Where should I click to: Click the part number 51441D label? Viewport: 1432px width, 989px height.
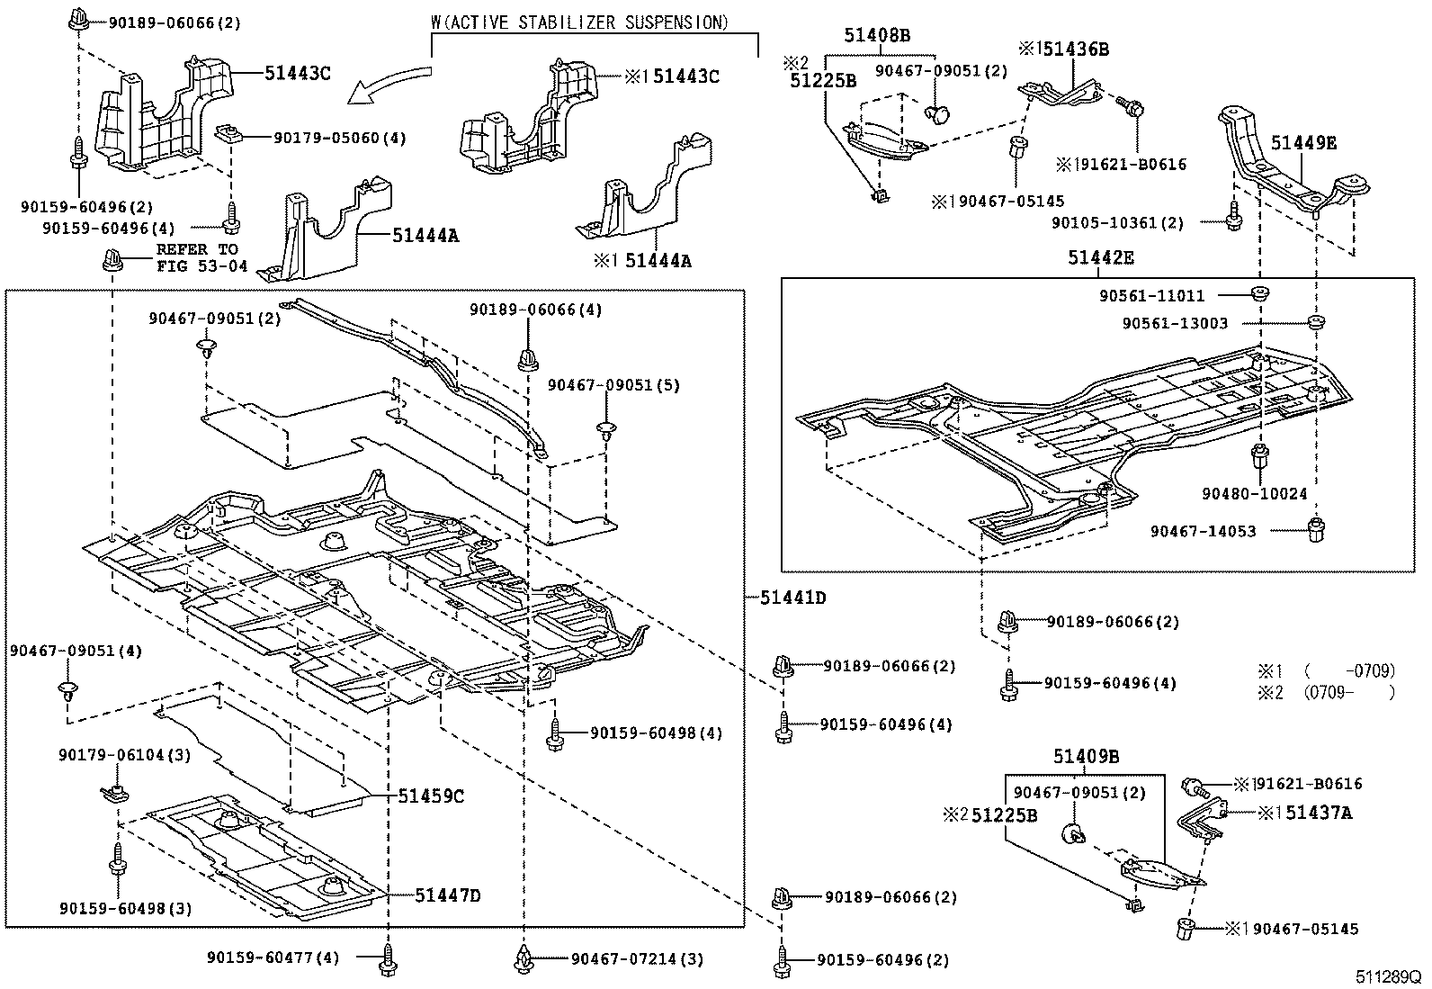click(792, 597)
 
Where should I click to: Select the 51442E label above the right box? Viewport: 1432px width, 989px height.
click(1101, 258)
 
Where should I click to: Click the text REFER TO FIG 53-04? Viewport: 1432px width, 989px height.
click(197, 257)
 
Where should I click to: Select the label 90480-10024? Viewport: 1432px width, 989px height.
click(1254, 494)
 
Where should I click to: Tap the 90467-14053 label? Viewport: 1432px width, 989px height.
click(1203, 531)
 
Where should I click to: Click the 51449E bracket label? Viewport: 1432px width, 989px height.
click(1303, 142)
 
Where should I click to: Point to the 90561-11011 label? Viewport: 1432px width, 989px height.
click(1151, 295)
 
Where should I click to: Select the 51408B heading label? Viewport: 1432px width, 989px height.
click(876, 35)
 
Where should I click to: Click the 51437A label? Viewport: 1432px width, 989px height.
click(1319, 813)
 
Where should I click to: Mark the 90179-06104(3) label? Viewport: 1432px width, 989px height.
click(124, 755)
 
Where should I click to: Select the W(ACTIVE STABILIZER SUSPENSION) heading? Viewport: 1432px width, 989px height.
click(579, 22)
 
